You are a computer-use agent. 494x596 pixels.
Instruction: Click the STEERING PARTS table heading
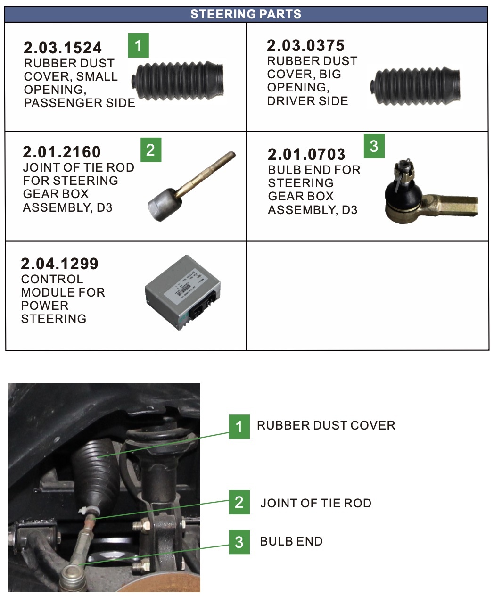246,14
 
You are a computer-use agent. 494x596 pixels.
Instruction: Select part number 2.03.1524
63,48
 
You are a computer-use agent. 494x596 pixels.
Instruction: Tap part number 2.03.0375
305,45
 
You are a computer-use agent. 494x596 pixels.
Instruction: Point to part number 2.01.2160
62,152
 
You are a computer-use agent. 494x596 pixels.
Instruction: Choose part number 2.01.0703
306,154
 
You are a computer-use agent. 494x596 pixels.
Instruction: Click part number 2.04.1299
60,264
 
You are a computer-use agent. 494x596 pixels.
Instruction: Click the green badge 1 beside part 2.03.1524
138,45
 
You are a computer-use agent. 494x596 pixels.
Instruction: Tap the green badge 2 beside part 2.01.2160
151,149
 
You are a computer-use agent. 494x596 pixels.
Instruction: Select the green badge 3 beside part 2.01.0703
374,146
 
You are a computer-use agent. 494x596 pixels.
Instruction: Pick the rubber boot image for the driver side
415,87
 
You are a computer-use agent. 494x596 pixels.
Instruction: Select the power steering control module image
182,292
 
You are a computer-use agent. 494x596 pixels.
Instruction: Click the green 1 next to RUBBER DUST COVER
239,426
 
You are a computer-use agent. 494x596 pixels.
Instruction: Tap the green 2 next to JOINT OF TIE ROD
239,502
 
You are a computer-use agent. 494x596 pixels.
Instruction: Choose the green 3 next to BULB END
239,541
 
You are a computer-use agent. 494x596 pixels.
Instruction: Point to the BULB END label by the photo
291,541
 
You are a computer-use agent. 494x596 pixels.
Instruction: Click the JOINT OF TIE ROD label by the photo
315,503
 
